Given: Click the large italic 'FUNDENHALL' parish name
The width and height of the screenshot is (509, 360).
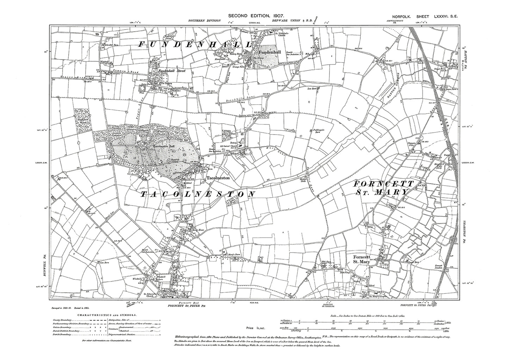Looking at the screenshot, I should tap(195, 45).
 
